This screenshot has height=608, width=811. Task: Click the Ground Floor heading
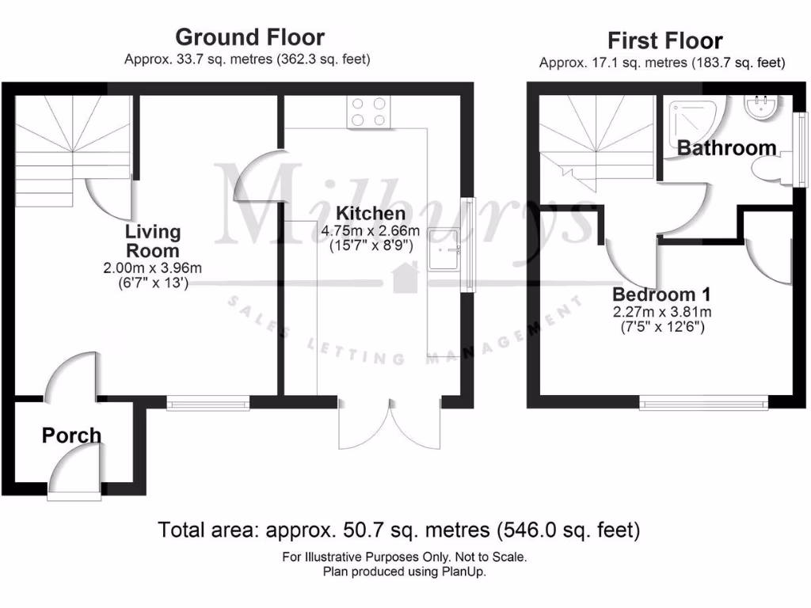(249, 37)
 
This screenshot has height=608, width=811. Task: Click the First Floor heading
(664, 40)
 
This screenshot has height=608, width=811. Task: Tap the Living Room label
(153, 240)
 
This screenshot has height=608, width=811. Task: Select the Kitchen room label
(371, 213)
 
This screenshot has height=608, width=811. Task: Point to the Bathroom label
(726, 148)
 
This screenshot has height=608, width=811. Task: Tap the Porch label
(71, 435)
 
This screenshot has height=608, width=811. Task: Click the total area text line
(399, 529)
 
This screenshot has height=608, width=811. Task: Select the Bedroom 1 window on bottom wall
(703, 404)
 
